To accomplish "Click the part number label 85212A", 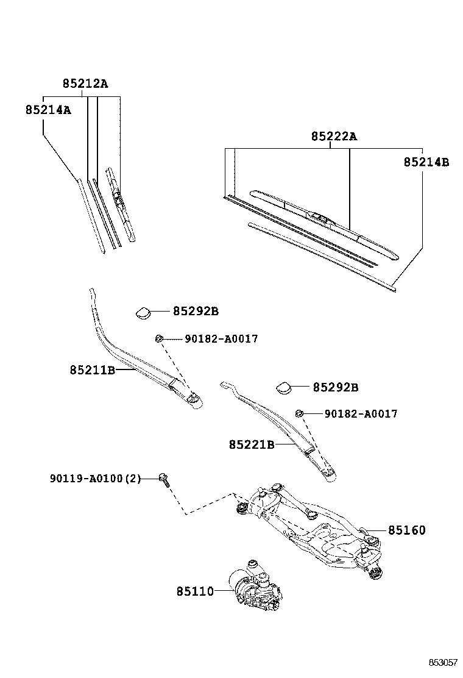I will pos(85,84).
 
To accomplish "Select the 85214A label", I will pos(48,110).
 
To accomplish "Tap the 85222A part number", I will pos(334,137).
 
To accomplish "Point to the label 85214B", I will pos(426,162).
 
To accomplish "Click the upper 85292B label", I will pos(195,312).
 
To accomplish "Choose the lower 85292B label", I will pos(335,387).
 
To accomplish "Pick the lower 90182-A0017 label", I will pos(361,414).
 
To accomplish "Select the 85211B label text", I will pos(92,369).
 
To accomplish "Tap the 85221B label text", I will pos(252,445).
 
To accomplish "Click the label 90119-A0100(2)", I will pos(94,479).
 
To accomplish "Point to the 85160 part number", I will pos(407,530).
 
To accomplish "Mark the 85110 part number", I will pos(195,591).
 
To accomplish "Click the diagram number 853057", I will pos(442,663).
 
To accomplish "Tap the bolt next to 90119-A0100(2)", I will pos(164,479).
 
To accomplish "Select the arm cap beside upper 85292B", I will pos(144,313).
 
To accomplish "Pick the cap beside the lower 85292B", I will pos(285,387).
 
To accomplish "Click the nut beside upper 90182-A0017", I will pos(158,339).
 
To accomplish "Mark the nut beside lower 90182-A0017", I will pos(299,414).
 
